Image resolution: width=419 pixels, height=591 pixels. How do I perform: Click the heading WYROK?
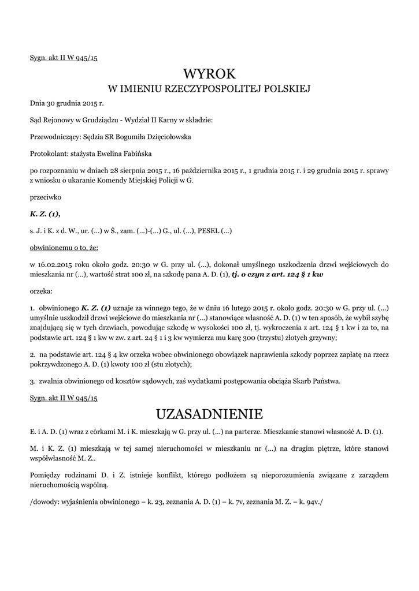[x=209, y=74]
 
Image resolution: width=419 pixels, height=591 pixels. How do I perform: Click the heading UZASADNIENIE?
[x=209, y=414]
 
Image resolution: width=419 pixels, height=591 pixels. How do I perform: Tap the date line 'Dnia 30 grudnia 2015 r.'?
[x=66, y=104]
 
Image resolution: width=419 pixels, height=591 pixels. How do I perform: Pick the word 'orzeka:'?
[x=41, y=291]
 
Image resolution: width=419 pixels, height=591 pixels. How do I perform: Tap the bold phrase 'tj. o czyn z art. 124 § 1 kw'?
[x=277, y=275]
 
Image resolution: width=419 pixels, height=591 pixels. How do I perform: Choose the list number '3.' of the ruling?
[x=33, y=381]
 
